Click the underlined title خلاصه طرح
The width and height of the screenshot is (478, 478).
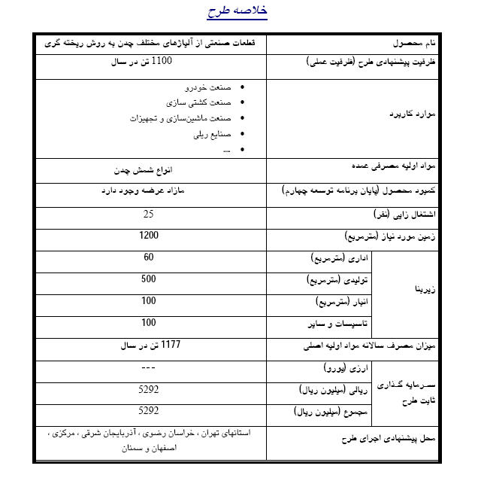(237, 13)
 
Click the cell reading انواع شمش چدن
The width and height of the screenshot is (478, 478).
(149, 170)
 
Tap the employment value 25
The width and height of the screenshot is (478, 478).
(149, 215)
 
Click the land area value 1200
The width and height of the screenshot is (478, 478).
(149, 236)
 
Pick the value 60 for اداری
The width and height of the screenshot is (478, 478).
(149, 257)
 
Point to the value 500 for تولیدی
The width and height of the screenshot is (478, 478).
(149, 279)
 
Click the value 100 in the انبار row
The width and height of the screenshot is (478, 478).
(149, 301)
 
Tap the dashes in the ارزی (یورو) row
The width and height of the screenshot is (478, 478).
(149, 368)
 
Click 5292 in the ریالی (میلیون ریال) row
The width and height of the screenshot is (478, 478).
(149, 390)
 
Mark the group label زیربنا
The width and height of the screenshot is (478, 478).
(425, 288)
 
